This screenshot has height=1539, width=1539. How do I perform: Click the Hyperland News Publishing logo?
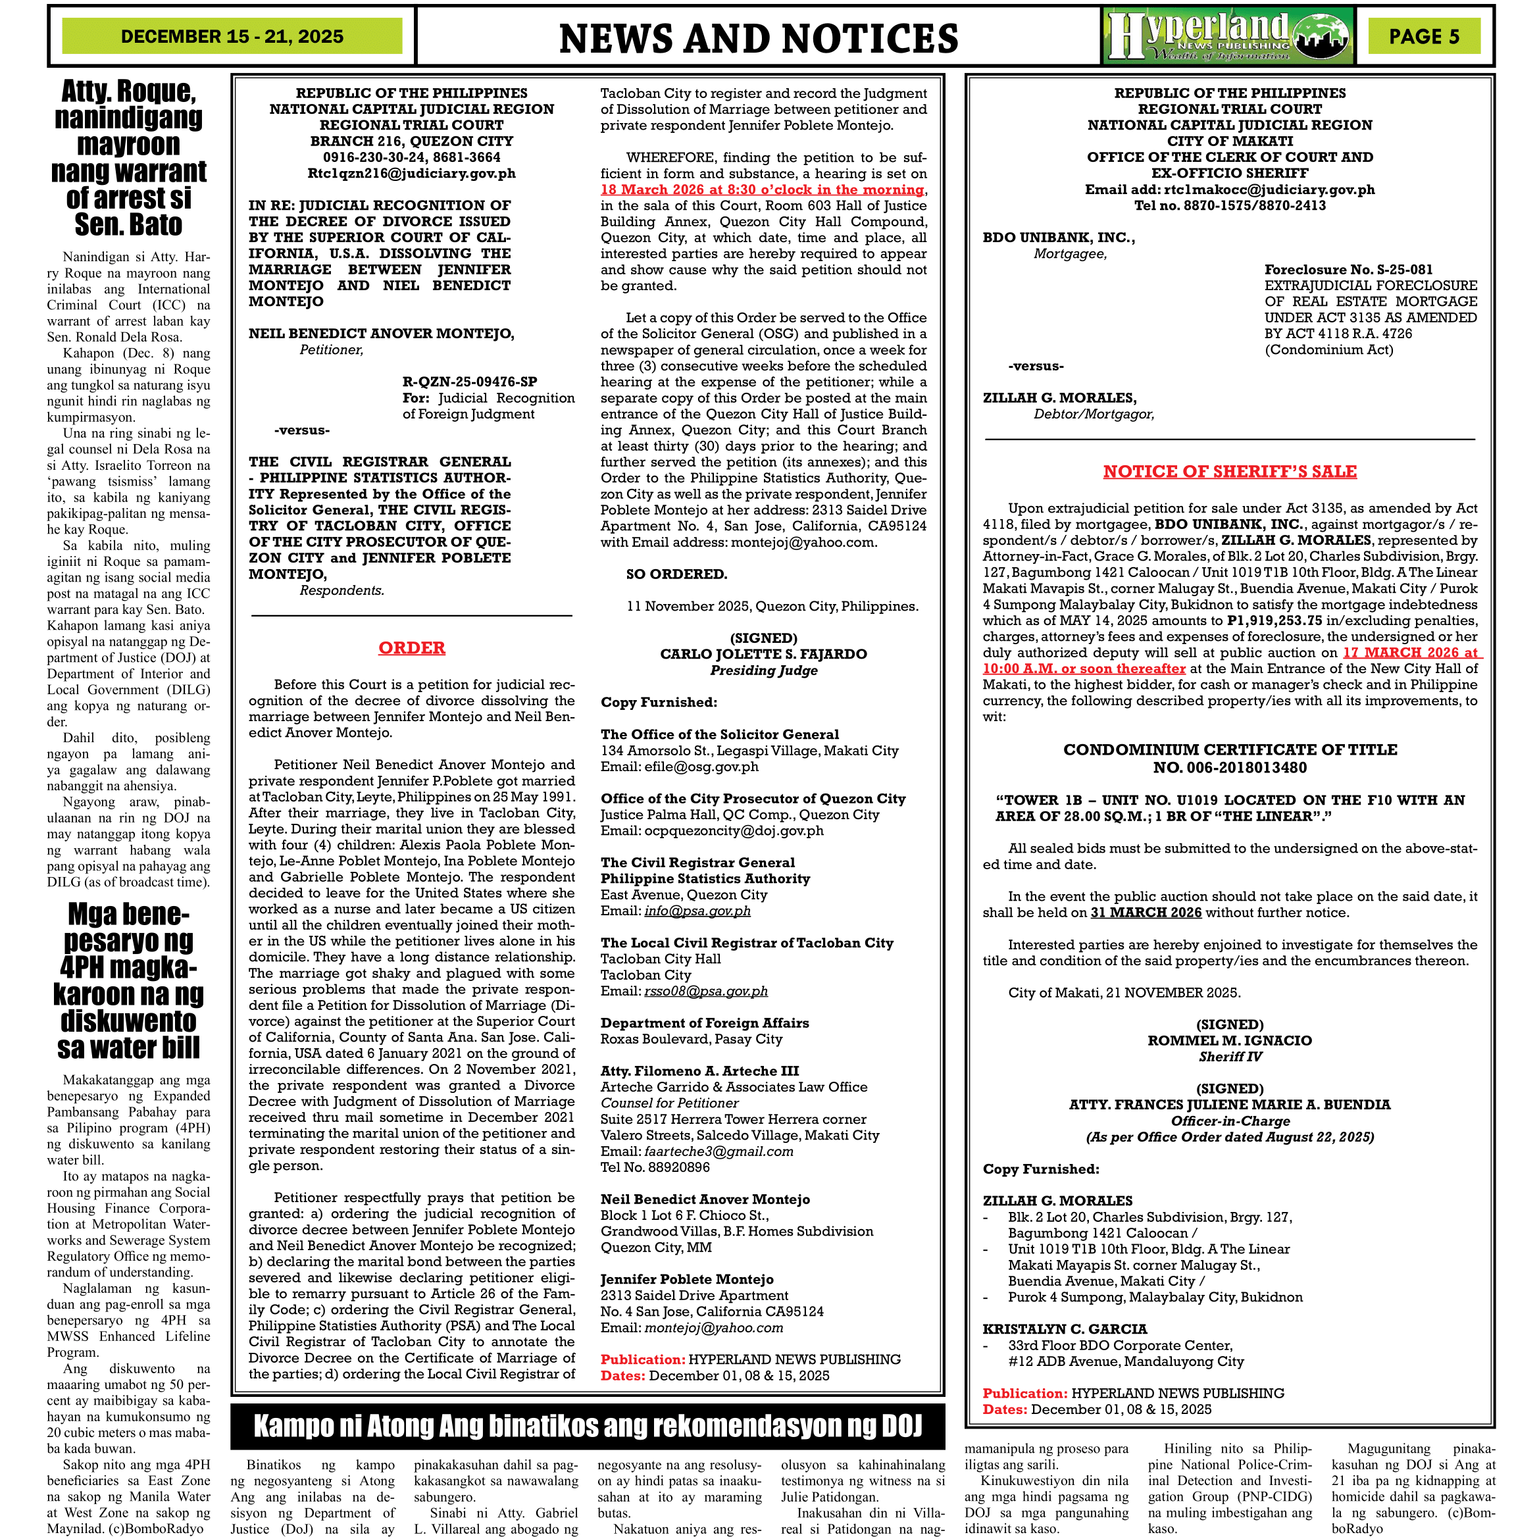point(1228,36)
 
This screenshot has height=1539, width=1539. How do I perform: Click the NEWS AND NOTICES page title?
point(759,38)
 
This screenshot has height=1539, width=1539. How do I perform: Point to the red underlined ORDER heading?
point(411,647)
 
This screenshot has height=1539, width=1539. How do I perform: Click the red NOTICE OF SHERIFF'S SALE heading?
point(1229,472)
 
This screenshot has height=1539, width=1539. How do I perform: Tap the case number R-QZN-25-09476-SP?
point(469,382)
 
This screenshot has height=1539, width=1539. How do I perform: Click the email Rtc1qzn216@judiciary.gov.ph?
point(411,173)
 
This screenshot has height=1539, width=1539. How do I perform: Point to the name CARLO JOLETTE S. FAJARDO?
point(763,654)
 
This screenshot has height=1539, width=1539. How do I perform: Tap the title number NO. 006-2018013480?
point(1229,768)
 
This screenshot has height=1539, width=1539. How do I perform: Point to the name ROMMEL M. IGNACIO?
point(1229,1040)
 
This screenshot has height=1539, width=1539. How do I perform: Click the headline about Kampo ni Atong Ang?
point(587,1426)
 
